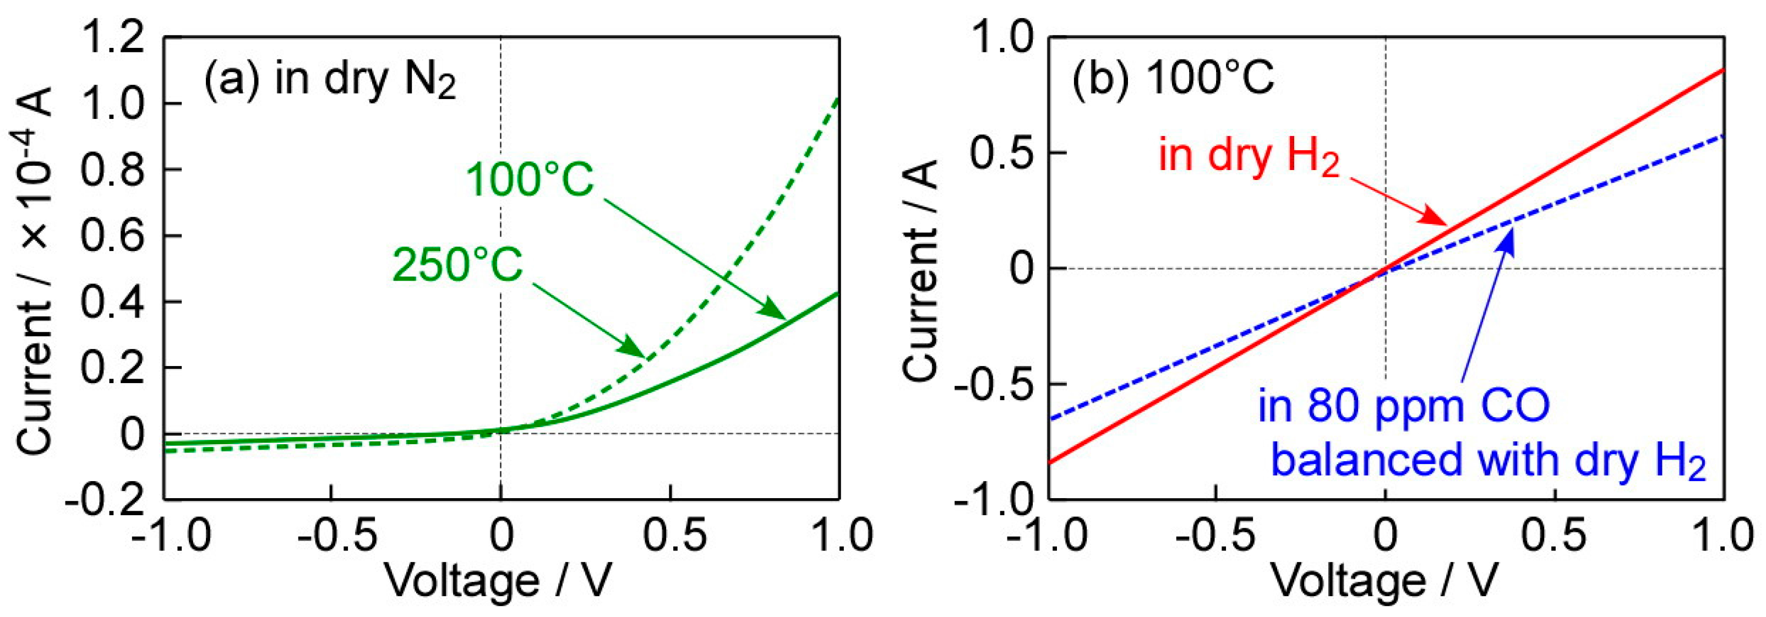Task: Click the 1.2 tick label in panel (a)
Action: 113,39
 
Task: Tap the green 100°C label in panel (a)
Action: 529,181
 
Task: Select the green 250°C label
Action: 457,265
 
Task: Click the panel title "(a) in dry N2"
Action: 329,81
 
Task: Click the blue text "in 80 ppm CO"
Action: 1403,407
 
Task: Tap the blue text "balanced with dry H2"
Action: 1487,460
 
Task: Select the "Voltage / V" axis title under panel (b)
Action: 1385,581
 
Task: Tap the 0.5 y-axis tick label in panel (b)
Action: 1001,153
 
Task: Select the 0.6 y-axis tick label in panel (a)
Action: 113,236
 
